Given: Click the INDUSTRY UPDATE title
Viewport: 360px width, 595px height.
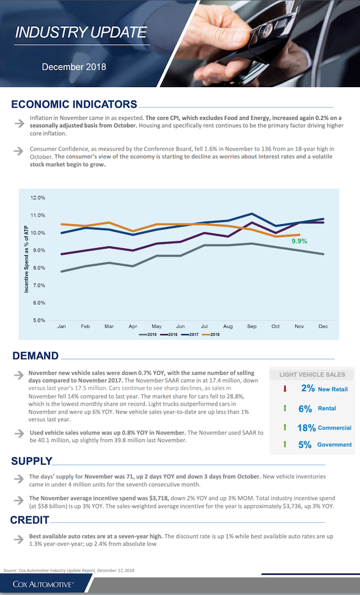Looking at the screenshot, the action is click(x=81, y=33).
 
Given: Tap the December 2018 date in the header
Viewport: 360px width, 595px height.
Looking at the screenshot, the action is click(x=74, y=67).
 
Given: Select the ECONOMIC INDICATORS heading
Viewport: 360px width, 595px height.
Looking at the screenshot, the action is click(x=74, y=104).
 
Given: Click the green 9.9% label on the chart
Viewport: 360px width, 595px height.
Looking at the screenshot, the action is click(x=299, y=241).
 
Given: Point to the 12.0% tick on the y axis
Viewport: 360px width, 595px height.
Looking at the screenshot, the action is click(x=38, y=198).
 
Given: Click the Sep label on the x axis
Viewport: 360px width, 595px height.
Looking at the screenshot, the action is click(x=252, y=327).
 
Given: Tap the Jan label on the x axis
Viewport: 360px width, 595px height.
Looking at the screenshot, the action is click(x=62, y=327).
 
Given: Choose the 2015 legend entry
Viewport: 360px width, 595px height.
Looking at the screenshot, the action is click(x=148, y=334).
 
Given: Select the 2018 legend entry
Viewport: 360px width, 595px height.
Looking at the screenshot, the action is click(x=211, y=334).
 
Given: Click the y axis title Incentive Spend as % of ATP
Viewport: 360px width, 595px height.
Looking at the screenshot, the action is click(x=26, y=259).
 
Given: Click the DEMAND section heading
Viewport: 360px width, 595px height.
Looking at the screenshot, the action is click(x=35, y=356).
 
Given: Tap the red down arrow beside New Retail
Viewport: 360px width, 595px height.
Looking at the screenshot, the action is click(x=285, y=389).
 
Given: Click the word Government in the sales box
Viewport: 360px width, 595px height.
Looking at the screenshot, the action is click(x=334, y=445).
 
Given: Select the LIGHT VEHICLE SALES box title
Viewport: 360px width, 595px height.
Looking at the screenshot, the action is click(x=312, y=375).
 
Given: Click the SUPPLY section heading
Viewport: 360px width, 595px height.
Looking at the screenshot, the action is click(x=31, y=461).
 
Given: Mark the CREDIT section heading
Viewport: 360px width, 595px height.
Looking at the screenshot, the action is click(x=30, y=520).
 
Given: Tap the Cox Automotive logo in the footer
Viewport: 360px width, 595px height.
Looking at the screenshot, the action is click(x=43, y=584).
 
